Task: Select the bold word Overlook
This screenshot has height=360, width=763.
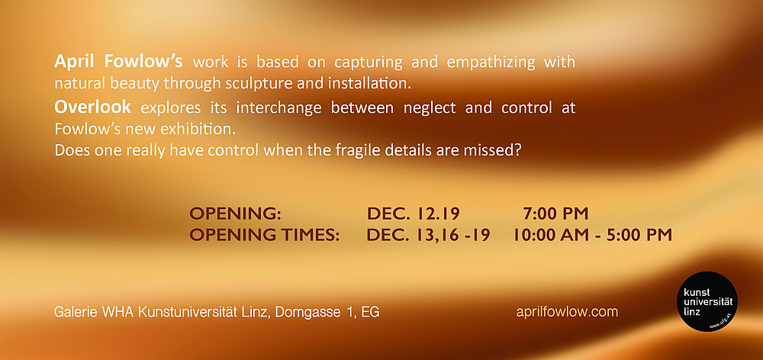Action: (92, 107)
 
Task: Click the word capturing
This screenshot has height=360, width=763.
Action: (368, 63)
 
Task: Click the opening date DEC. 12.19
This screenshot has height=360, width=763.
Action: (413, 214)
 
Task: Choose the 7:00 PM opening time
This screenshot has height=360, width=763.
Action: (555, 214)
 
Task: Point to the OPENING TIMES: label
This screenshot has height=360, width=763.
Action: (264, 235)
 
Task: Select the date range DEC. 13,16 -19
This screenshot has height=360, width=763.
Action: (428, 235)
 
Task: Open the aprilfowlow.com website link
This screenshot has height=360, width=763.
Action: (567, 312)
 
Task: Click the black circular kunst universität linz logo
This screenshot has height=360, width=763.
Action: (707, 301)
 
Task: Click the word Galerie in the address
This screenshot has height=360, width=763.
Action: (76, 312)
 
